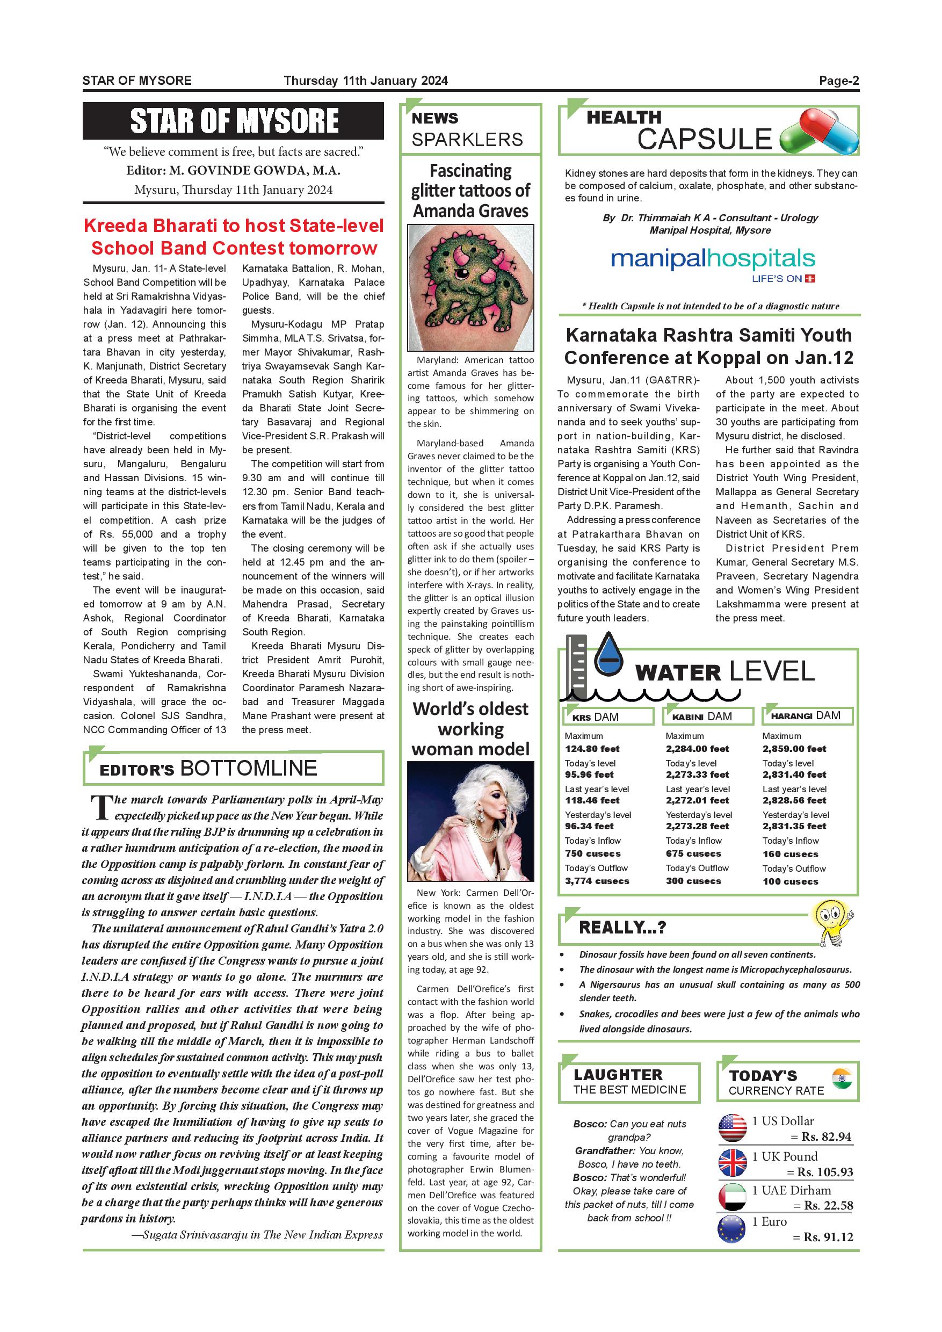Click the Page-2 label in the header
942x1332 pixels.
838,81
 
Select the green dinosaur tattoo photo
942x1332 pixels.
470,288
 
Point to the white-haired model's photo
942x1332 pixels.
470,821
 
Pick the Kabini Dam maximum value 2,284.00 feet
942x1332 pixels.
697,749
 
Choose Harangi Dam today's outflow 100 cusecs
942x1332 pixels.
790,881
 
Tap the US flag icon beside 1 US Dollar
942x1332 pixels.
732,1128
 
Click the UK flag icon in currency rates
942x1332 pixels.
732,1163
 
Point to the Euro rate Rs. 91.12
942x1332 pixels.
828,1237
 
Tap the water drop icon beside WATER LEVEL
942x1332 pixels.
610,654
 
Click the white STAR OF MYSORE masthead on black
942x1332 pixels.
234,121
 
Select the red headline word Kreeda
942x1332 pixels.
119,226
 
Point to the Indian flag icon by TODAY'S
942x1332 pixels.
841,1077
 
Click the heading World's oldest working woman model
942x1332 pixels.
470,729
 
